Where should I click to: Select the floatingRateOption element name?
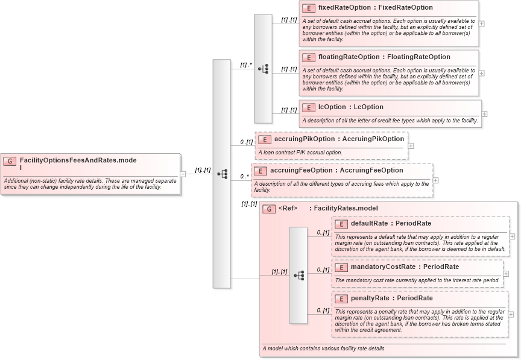pyautogui.click(x=348, y=57)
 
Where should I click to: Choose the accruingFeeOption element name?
pyautogui.click(x=301, y=171)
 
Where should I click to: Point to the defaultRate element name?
pyautogui.click(x=370, y=224)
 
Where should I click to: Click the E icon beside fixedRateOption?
pyautogui.click(x=308, y=8)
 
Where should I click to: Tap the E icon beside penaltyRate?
pyautogui.click(x=341, y=298)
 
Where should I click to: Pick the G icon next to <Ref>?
pyautogui.click(x=269, y=209)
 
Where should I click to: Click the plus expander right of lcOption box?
pyautogui.click(x=484, y=113)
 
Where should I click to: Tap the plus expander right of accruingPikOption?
pyautogui.click(x=411, y=145)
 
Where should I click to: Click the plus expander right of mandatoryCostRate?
pyautogui.click(x=506, y=273)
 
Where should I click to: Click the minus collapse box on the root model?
pyautogui.click(x=183, y=174)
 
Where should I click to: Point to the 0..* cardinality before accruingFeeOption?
pyautogui.click(x=244, y=176)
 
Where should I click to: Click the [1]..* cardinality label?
pyautogui.click(x=245, y=65)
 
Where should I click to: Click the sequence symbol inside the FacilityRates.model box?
pyautogui.click(x=298, y=276)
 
